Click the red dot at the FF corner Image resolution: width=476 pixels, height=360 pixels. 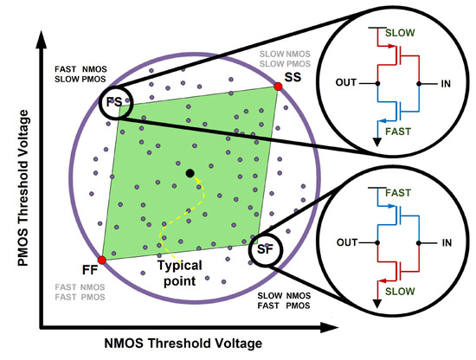[x=101, y=260]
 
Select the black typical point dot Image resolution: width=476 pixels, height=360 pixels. [x=190, y=174]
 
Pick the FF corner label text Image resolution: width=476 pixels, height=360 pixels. [x=89, y=268]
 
